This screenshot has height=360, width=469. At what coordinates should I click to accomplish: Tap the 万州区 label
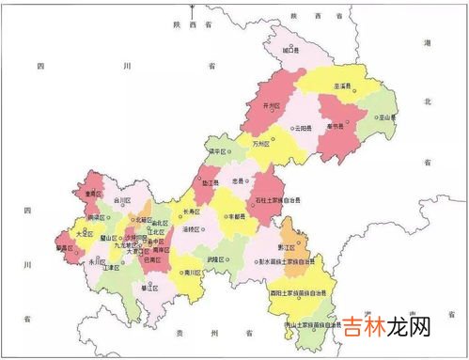point(260,145)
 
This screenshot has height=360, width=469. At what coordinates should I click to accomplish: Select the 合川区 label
point(122,200)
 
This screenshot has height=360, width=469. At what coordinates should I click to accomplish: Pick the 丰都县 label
point(237,216)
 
